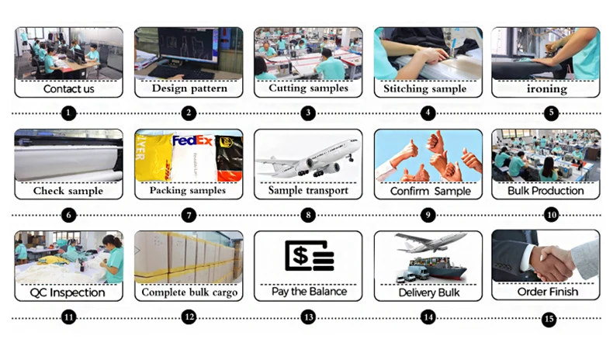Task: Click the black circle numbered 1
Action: [x=68, y=112]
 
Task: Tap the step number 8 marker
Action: [x=308, y=215]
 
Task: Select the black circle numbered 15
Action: [x=549, y=318]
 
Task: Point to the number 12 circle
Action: [x=189, y=317]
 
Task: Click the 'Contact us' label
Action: [x=68, y=88]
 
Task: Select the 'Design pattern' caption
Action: [x=189, y=88]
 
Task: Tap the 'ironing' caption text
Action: [x=546, y=88]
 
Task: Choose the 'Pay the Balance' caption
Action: [x=308, y=292]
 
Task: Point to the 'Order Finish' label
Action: [x=546, y=292]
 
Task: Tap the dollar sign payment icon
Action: [x=309, y=255]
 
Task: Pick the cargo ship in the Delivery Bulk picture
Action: [x=442, y=268]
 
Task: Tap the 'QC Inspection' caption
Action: [x=68, y=292]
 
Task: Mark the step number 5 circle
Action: [x=549, y=112]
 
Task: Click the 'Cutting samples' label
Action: [x=308, y=88]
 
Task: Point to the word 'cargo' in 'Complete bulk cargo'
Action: [x=221, y=293]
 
